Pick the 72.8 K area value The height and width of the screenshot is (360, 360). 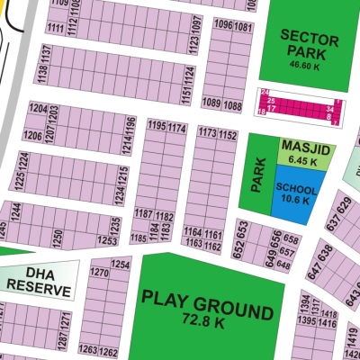click(x=207, y=320)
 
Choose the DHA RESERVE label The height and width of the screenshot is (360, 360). click(x=38, y=279)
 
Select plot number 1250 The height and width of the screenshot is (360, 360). click(x=58, y=235)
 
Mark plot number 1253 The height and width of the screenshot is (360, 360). click(x=107, y=241)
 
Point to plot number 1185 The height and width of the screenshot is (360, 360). click(x=139, y=238)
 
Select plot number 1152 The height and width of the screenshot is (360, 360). click(x=227, y=135)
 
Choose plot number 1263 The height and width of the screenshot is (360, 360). click(x=88, y=350)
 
